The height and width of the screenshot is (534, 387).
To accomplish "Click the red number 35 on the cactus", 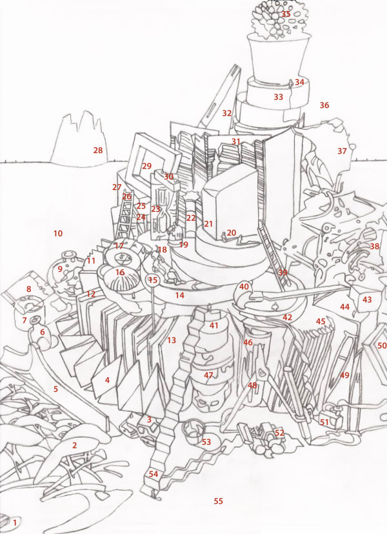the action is pos(286,14).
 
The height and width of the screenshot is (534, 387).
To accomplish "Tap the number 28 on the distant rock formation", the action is pos(98,150).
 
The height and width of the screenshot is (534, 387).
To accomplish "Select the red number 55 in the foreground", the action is pos(218,501).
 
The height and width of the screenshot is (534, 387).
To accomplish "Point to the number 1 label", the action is pos(15,522).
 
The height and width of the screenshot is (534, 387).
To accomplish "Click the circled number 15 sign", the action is pos(153,280).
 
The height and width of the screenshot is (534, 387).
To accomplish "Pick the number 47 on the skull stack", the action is pos(208,375).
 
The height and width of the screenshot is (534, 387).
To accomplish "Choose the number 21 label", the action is pos(208,224).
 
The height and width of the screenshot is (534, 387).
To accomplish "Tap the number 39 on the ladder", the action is pos(283,272).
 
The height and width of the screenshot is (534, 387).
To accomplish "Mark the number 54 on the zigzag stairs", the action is pos(154,474).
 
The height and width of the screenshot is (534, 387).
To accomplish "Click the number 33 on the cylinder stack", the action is pos(279,97).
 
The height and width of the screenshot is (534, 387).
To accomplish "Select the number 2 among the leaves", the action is pos(74,445).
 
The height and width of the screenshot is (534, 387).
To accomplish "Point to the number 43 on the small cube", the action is pos(367,300).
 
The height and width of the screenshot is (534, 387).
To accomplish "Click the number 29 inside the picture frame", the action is pos(146,166).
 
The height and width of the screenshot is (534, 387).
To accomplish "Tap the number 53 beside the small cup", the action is pos(206,442).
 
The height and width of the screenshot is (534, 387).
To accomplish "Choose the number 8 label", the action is pos(28,289).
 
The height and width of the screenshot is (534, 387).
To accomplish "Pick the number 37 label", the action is pos(342,151).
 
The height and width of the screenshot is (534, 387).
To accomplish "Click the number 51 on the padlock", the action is pos(324,422).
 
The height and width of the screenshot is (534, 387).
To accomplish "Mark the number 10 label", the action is pos(58,233).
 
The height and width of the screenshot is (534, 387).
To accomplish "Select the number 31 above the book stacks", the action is pos(236,141).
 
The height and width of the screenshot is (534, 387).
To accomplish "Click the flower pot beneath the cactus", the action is pos(278,59).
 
